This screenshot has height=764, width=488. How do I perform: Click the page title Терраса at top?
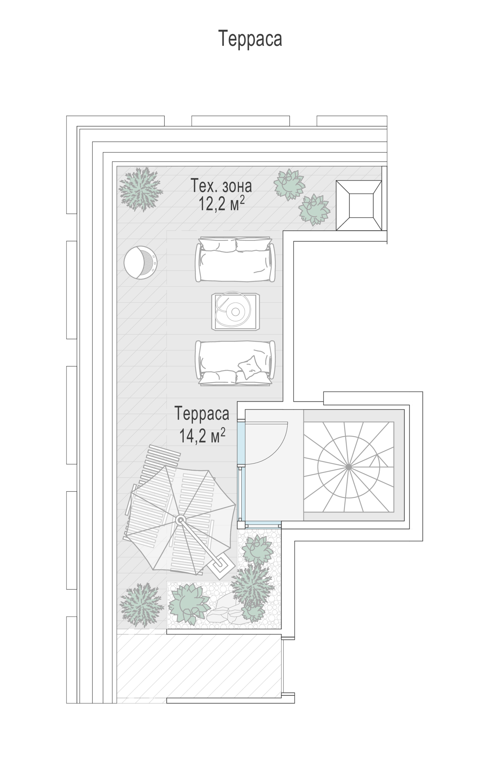pyautogui.click(x=250, y=39)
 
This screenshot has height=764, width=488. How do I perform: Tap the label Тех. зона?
pyautogui.click(x=221, y=185)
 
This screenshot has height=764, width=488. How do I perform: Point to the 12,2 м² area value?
pyautogui.click(x=222, y=203)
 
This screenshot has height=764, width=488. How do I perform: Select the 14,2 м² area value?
pyautogui.click(x=202, y=435)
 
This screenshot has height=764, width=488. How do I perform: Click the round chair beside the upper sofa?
pyautogui.click(x=140, y=263)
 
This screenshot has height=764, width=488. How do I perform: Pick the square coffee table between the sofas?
pyautogui.click(x=235, y=312)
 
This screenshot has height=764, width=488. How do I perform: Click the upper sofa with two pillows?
pyautogui.click(x=235, y=259)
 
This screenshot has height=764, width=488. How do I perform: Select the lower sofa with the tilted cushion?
pyautogui.click(x=235, y=363)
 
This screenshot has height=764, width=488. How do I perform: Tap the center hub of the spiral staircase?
pyautogui.click(x=348, y=467)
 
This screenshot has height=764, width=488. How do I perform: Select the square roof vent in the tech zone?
pyautogui.click(x=359, y=206)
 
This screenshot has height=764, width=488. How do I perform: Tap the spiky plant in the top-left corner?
pyautogui.click(x=141, y=189)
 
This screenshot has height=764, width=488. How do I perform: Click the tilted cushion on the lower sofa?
pyautogui.click(x=249, y=367)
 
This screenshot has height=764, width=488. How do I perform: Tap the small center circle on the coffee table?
pyautogui.click(x=235, y=312)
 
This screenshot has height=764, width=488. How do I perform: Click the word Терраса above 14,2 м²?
pyautogui.click(x=202, y=413)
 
